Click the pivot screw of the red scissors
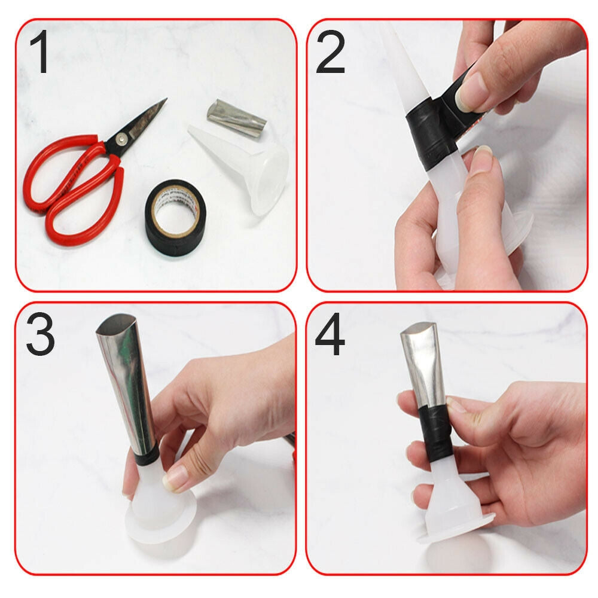pyautogui.click(x=122, y=139)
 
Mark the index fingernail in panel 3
pyautogui.click(x=178, y=477)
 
